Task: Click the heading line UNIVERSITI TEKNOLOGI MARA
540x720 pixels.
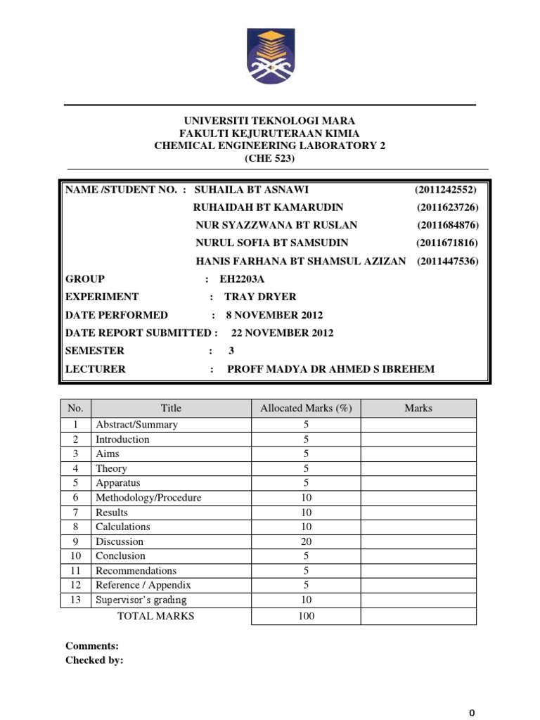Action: click(x=270, y=122)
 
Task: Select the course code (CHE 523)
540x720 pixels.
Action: click(x=270, y=158)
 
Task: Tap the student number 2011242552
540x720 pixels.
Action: click(x=446, y=190)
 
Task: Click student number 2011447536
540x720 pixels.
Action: click(x=447, y=261)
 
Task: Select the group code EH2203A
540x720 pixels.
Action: click(x=244, y=278)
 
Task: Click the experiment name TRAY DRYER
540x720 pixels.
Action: click(x=260, y=297)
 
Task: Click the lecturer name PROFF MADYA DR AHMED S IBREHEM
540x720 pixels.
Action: click(x=331, y=369)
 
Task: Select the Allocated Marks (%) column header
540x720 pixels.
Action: click(x=306, y=408)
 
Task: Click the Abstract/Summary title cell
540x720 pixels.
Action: click(x=136, y=425)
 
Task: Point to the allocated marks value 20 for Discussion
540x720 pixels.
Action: click(x=306, y=541)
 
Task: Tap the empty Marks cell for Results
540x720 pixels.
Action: click(x=418, y=513)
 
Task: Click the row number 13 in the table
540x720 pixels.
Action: click(x=76, y=600)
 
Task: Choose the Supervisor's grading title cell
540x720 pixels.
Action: click(x=141, y=600)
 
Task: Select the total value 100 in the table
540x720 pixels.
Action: click(x=306, y=617)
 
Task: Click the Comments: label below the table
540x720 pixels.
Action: click(x=92, y=645)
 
